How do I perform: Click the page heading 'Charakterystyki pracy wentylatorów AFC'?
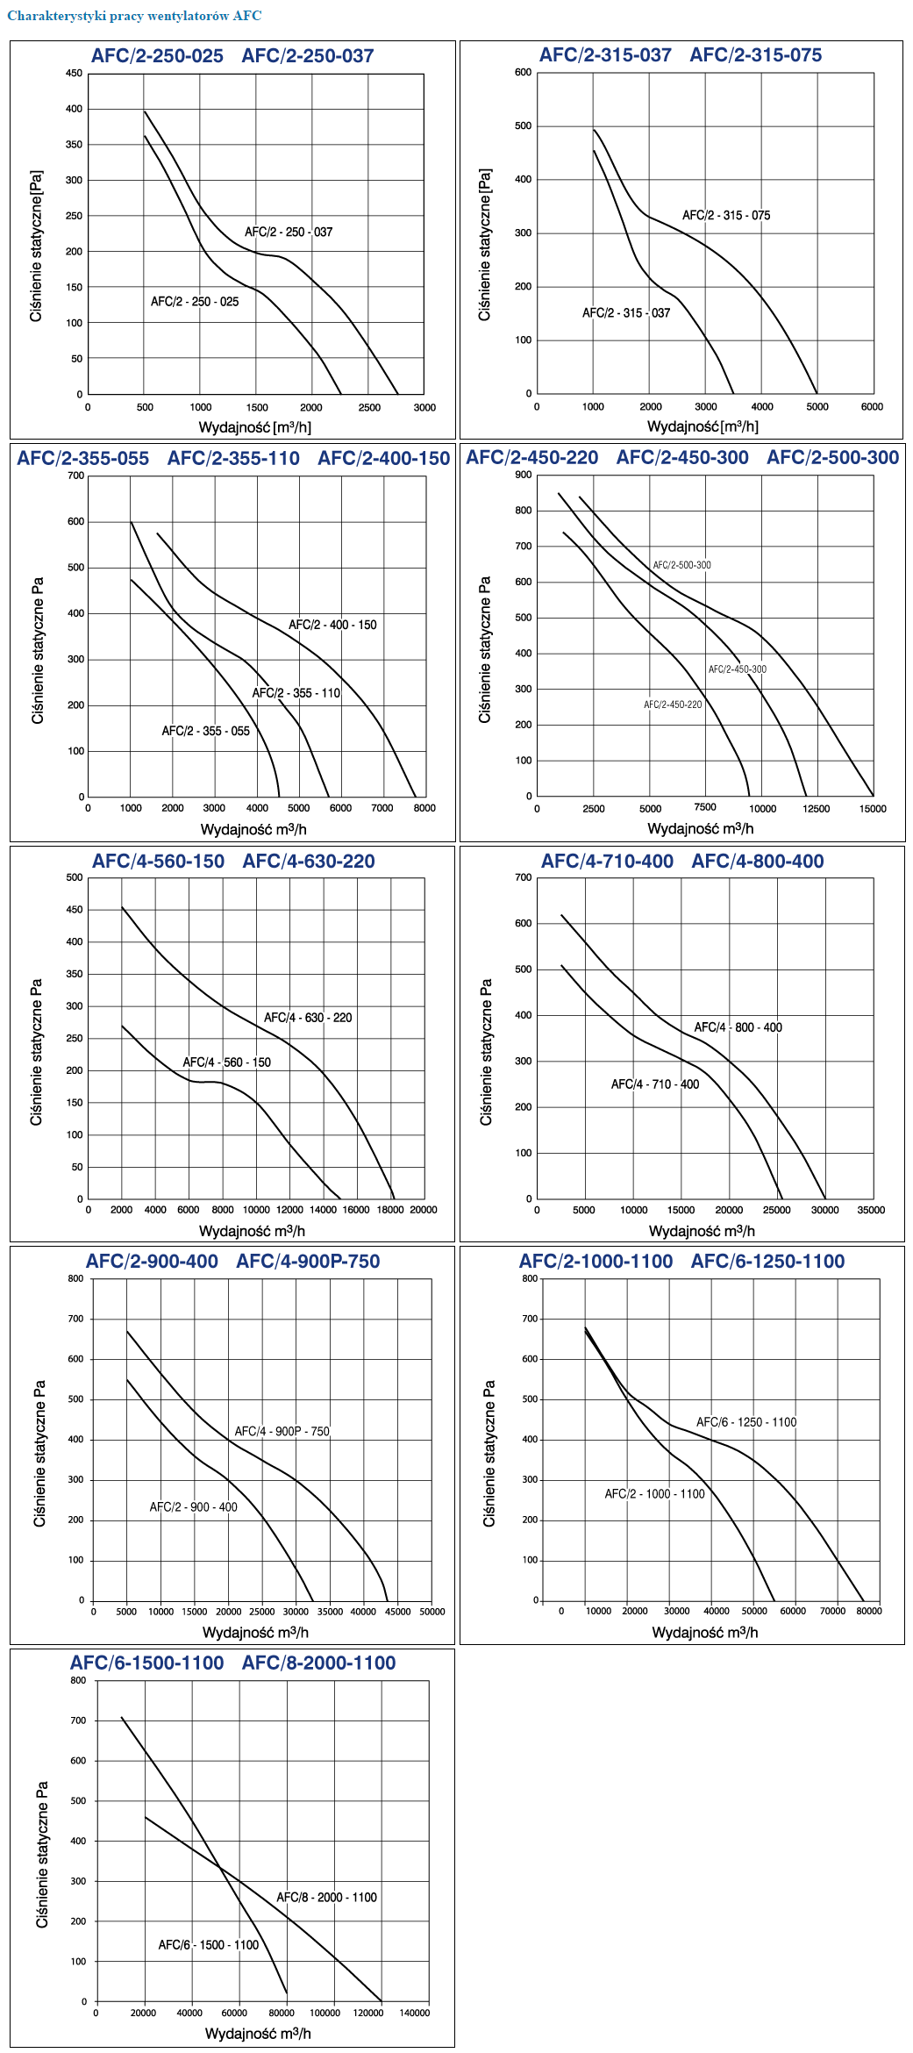click(134, 16)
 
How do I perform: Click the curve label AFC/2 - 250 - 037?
click(289, 232)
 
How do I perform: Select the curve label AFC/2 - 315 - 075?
click(726, 216)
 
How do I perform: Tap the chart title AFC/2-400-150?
click(383, 459)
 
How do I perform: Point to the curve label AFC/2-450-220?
click(673, 705)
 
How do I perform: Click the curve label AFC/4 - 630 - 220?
click(308, 1018)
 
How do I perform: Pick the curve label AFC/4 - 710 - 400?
click(655, 1084)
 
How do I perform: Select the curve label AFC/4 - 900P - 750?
click(282, 1432)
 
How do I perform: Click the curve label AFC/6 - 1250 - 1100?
click(746, 1422)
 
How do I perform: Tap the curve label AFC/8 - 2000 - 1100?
click(326, 1898)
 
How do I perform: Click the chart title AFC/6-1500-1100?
click(147, 1663)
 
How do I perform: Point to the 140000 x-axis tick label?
click(415, 2013)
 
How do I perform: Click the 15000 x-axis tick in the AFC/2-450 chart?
click(873, 809)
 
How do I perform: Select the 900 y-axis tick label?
click(524, 475)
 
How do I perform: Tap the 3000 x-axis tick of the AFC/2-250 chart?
click(424, 408)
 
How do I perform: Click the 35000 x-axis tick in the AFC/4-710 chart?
click(871, 1210)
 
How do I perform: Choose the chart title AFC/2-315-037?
click(605, 55)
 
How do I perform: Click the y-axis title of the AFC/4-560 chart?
click(37, 1052)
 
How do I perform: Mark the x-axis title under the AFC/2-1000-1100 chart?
click(705, 1633)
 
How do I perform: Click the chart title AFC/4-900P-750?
click(308, 1262)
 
